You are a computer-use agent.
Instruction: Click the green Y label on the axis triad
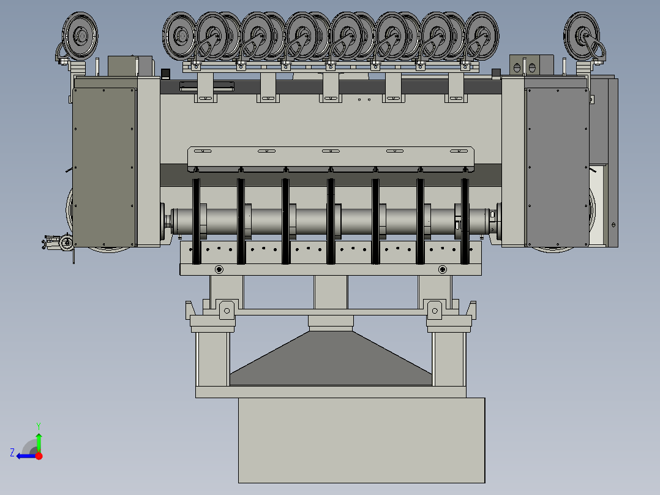(39, 426)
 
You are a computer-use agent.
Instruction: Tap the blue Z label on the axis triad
(12, 453)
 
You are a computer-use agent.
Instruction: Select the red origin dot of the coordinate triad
(39, 456)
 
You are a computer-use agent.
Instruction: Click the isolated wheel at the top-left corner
(80, 36)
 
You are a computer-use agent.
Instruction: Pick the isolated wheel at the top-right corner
(582, 36)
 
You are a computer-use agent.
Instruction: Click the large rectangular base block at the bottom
(362, 440)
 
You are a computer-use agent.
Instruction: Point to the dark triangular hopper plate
(331, 358)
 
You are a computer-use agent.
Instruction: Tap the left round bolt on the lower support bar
(219, 269)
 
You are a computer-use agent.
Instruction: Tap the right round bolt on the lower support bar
(443, 269)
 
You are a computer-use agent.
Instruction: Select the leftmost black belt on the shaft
(196, 221)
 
